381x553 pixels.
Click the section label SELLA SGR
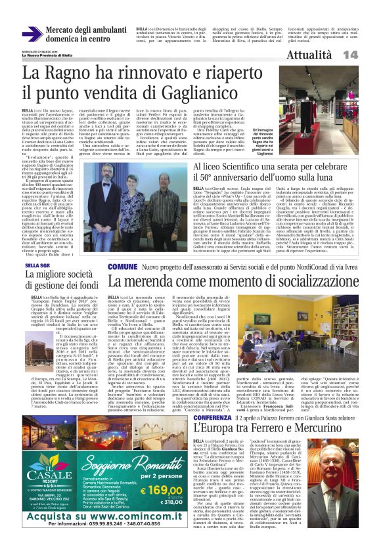37,265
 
